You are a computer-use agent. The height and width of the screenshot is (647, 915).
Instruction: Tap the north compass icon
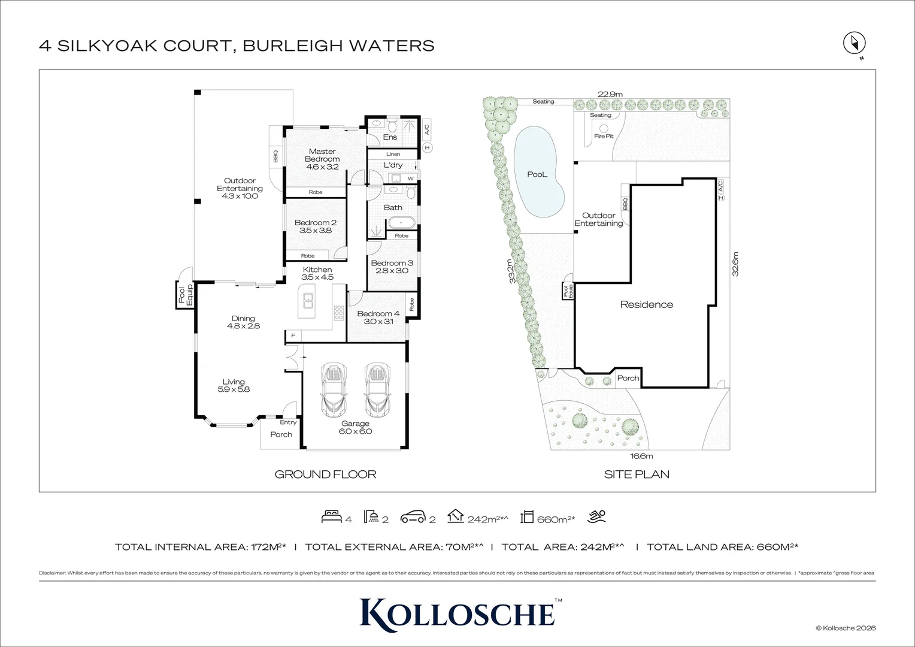pyautogui.click(x=855, y=43)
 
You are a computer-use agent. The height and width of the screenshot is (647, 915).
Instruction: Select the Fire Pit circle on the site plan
pyautogui.click(x=604, y=129)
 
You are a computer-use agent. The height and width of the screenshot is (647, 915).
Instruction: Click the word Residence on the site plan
pyautogui.click(x=646, y=304)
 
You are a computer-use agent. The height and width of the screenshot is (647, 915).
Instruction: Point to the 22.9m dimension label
pyautogui.click(x=610, y=94)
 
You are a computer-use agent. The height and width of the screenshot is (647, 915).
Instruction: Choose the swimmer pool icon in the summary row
pyautogui.click(x=596, y=516)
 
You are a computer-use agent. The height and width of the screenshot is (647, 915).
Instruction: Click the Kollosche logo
pyautogui.click(x=457, y=612)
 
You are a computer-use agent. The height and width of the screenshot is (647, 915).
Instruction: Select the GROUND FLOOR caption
pyautogui.click(x=325, y=474)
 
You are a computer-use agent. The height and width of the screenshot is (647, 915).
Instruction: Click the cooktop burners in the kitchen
pyautogui.click(x=339, y=313)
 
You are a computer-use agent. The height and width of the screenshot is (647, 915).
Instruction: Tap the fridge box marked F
pyautogui.click(x=293, y=336)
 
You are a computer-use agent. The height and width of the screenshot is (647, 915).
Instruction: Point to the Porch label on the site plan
pyautogui.click(x=628, y=378)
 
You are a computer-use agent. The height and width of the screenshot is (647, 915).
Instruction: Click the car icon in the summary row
pyautogui.click(x=413, y=516)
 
